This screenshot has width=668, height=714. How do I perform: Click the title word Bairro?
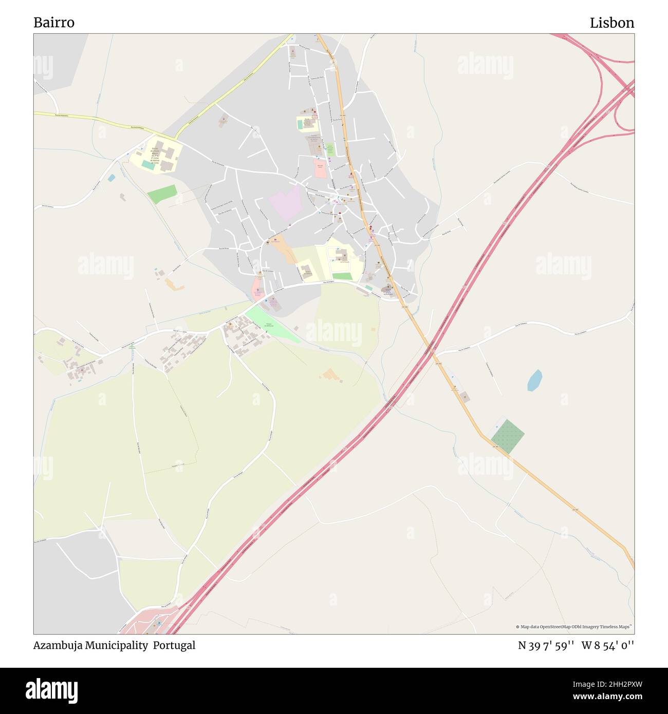click(54, 23)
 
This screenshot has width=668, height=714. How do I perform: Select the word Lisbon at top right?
click(611, 23)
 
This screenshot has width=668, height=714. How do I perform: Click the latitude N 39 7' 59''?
click(545, 645)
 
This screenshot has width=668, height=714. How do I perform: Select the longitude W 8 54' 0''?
click(608, 645)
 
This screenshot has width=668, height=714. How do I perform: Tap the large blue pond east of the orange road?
click(534, 381)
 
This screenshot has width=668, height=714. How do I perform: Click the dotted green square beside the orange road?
click(507, 436)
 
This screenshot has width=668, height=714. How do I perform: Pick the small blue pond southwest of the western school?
click(112, 178)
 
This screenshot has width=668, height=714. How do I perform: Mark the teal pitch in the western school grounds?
click(147, 165)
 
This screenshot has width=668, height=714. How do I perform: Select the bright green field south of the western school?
click(162, 194)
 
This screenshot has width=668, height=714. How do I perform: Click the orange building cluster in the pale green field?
click(331, 375)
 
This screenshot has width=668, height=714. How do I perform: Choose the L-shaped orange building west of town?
click(174, 284)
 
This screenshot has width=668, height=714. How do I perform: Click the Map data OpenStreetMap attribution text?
click(574, 627)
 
